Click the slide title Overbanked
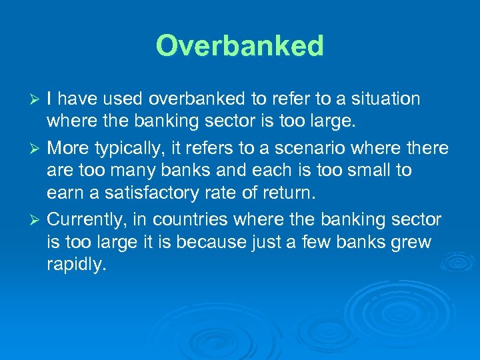[x=240, y=46]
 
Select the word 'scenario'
[x=309, y=147]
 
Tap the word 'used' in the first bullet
[x=124, y=99]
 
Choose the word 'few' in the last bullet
[x=331, y=243]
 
